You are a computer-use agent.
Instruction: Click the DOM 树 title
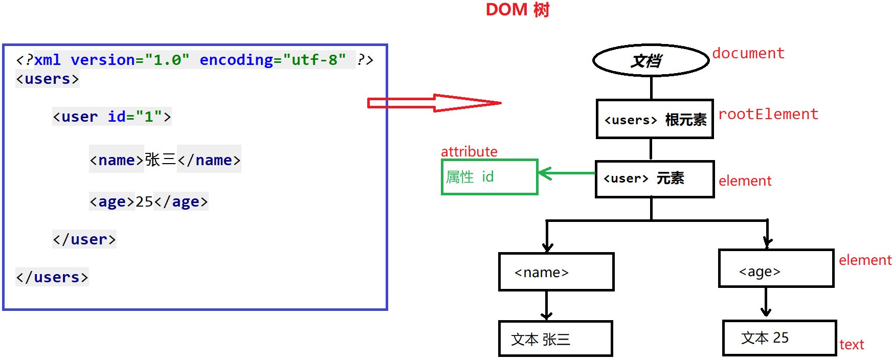[x=517, y=10]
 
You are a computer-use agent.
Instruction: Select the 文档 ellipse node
[x=651, y=60]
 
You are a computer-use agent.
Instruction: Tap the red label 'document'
[x=748, y=53]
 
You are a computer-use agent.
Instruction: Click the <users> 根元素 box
[x=655, y=119]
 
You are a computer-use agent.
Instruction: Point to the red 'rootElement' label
[x=768, y=114]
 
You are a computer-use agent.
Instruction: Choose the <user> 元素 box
[x=655, y=179]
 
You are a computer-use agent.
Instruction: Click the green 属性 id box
[x=489, y=177]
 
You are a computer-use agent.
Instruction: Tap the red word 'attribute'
[x=469, y=151]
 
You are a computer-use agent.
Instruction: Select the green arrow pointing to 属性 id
[x=567, y=174]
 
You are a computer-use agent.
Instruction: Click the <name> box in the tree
[x=556, y=272]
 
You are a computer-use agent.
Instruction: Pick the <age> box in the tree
[x=776, y=268]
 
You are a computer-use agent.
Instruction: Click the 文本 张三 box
[x=555, y=339]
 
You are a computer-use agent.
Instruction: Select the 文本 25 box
[x=779, y=338]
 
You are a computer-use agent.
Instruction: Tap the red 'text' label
[x=852, y=345]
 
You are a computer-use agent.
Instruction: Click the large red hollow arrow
[x=434, y=103]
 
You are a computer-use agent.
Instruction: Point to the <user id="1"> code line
[x=111, y=117]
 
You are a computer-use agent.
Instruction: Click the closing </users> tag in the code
[x=52, y=277]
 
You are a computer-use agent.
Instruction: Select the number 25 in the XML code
[x=144, y=201]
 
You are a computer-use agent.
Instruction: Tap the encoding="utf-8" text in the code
[x=273, y=60]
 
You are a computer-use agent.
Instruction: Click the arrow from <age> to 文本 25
[x=766, y=302]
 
